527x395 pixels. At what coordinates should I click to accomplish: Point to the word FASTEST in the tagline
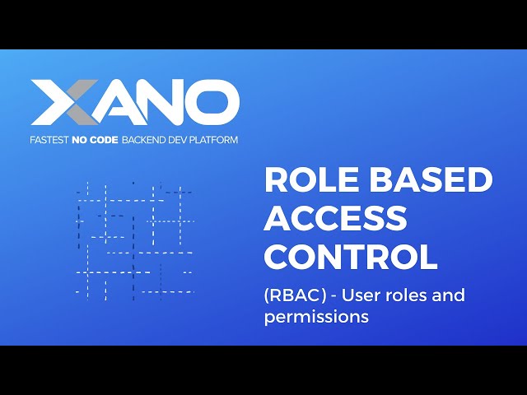coord(51,140)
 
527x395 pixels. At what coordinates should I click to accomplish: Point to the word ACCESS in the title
coord(336,219)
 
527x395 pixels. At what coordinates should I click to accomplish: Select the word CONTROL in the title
coord(351,257)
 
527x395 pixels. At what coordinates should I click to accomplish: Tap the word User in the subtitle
coord(363,295)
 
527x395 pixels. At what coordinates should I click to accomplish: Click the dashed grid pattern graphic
coord(134,239)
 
